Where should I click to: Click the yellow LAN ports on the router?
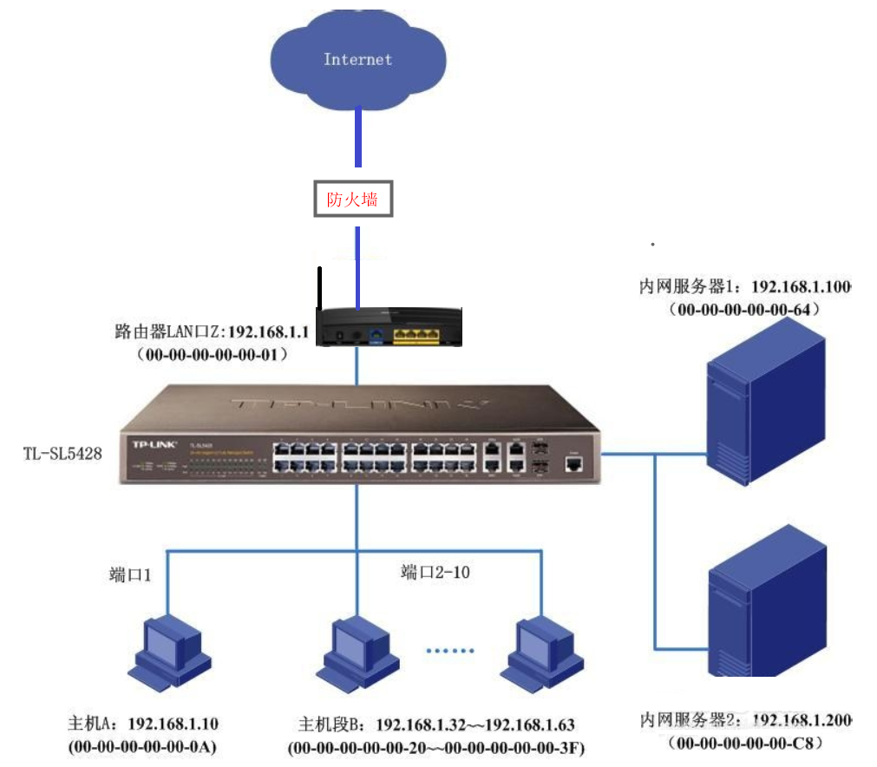414,332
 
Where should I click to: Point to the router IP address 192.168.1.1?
281,331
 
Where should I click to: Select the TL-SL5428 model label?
62,453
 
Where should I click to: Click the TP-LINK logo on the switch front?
154,444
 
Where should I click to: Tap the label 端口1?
131,574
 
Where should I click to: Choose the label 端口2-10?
435,572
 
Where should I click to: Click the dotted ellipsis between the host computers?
449,650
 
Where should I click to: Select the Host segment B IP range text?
475,724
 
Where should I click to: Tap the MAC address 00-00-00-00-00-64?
745,308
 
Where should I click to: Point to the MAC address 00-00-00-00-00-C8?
745,743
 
